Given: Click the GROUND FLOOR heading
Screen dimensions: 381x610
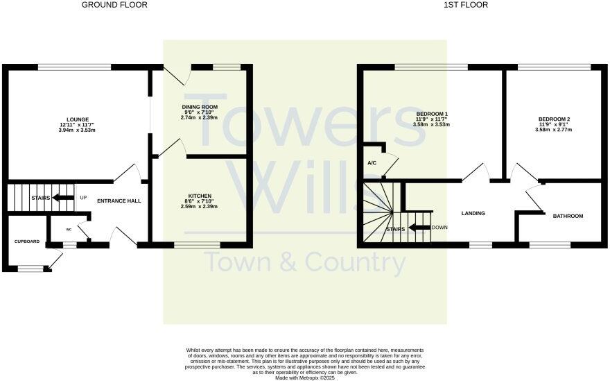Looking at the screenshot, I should click(114, 5).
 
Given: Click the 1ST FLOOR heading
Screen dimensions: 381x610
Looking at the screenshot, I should click(466, 5).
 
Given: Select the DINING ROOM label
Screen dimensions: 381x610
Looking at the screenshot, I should click(200, 107).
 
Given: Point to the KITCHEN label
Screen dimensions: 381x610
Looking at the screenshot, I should click(200, 196).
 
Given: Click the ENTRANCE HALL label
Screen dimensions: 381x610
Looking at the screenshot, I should click(119, 201).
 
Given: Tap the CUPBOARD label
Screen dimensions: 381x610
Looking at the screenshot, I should click(27, 242).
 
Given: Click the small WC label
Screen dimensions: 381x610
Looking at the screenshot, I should click(69, 228).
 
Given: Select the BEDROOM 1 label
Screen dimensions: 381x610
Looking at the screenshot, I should click(432, 114).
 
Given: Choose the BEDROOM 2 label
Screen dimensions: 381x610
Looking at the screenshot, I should click(554, 119).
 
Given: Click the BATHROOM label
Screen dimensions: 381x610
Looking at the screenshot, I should click(568, 216).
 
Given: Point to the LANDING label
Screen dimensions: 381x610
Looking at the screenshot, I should click(473, 213).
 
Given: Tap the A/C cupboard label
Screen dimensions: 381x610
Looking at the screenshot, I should click(372, 162).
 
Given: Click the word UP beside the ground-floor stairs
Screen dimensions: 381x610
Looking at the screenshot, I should click(83, 198).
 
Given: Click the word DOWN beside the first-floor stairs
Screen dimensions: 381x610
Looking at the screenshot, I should click(439, 228).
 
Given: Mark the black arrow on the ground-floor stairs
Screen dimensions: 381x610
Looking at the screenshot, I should click(64, 198).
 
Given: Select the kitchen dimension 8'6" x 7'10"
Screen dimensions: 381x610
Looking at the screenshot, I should click(200, 201).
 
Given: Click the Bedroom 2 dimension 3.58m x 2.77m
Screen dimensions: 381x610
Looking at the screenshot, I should click(554, 130).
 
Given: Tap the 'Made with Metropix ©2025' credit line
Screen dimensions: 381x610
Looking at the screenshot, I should click(304, 378).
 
